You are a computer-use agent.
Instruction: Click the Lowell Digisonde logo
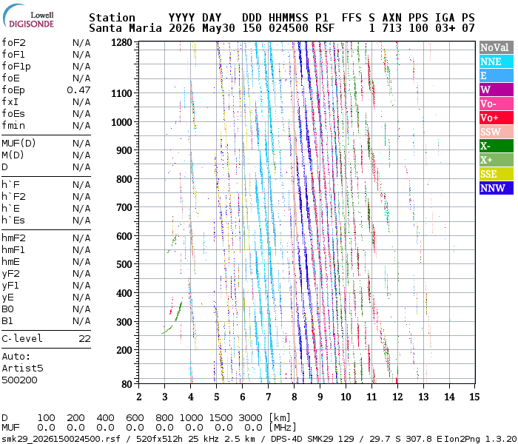(28, 16)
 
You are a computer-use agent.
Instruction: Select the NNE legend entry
(497, 61)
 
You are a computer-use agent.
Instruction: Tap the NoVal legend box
(497, 47)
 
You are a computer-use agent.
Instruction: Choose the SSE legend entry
(497, 174)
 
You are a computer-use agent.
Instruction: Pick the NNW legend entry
(497, 188)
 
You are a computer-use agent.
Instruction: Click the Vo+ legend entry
(497, 118)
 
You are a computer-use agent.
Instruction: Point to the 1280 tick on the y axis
(121, 43)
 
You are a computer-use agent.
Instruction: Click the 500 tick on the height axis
(124, 264)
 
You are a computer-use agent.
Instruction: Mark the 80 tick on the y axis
(127, 384)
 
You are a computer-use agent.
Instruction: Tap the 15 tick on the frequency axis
(474, 397)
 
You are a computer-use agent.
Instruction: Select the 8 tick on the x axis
(294, 397)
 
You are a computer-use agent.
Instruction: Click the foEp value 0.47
(78, 90)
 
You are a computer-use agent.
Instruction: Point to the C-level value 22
(84, 339)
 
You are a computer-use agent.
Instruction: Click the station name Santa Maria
(125, 28)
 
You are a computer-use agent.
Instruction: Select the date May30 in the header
(218, 28)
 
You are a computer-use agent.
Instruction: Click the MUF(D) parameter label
(18, 144)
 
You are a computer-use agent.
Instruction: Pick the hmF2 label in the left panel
(13, 238)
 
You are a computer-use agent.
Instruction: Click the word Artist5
(22, 368)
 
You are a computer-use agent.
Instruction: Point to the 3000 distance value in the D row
(250, 418)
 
